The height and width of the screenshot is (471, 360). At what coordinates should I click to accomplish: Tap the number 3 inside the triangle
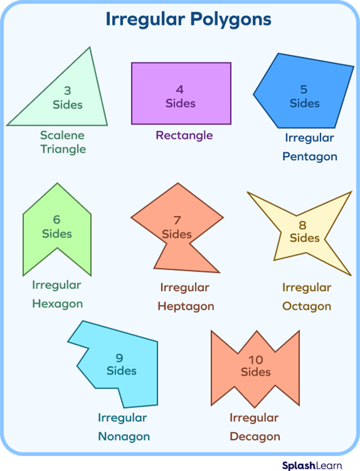[67, 90]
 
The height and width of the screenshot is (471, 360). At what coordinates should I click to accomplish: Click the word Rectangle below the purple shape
[184, 136]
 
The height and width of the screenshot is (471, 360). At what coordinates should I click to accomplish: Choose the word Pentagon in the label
[309, 157]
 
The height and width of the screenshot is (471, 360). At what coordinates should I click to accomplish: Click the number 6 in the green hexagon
[56, 220]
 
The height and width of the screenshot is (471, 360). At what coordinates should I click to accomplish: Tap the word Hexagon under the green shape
[57, 303]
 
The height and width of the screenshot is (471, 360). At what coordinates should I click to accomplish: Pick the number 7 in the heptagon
[177, 220]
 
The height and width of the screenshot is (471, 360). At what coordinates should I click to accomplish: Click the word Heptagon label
[185, 306]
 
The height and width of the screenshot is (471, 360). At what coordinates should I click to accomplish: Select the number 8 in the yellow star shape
[302, 224]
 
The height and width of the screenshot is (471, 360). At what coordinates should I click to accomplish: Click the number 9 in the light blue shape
[119, 357]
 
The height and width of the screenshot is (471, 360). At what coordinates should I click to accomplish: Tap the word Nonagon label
[124, 436]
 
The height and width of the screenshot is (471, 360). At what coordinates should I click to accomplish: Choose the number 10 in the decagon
[255, 360]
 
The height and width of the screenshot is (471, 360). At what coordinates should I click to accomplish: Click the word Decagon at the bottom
[254, 436]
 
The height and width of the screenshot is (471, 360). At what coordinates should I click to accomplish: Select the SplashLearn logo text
[317, 465]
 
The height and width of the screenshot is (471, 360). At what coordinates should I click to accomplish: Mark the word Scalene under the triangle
[62, 135]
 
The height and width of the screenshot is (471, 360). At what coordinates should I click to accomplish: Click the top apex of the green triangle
[90, 48]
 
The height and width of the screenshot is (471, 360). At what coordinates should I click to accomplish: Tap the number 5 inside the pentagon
[304, 89]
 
